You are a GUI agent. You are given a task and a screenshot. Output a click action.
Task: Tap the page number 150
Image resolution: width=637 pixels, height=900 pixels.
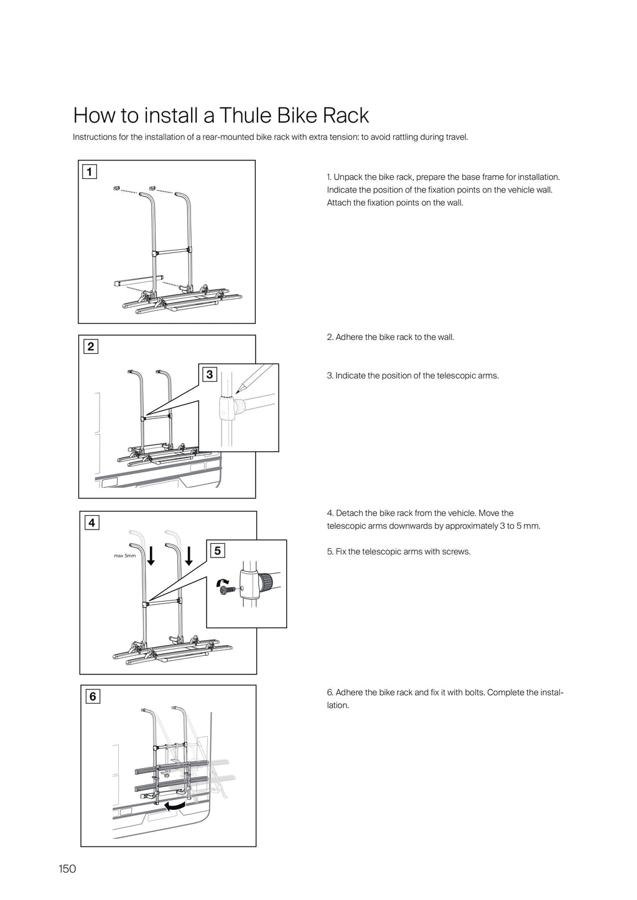(67, 868)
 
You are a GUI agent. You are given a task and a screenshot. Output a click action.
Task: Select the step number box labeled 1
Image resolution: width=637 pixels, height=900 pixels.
(90, 172)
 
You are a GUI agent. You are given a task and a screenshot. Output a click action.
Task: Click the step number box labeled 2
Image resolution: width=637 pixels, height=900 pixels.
(91, 347)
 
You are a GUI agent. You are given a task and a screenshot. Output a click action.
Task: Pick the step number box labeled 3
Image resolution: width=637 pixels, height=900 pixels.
(209, 374)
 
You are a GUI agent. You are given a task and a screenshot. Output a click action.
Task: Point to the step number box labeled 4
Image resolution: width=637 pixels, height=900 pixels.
(91, 523)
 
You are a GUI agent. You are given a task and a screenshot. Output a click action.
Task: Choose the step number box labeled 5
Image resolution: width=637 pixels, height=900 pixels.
(217, 551)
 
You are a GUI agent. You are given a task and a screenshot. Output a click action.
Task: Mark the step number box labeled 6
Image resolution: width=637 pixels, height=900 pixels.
(93, 697)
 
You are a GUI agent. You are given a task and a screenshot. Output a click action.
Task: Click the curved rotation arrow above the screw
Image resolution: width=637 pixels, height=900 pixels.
(221, 581)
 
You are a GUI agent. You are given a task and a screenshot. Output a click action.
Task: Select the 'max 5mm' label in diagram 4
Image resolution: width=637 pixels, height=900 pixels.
(124, 556)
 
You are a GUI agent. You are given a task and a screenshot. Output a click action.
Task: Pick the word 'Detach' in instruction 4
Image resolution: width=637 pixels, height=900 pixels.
(349, 513)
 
